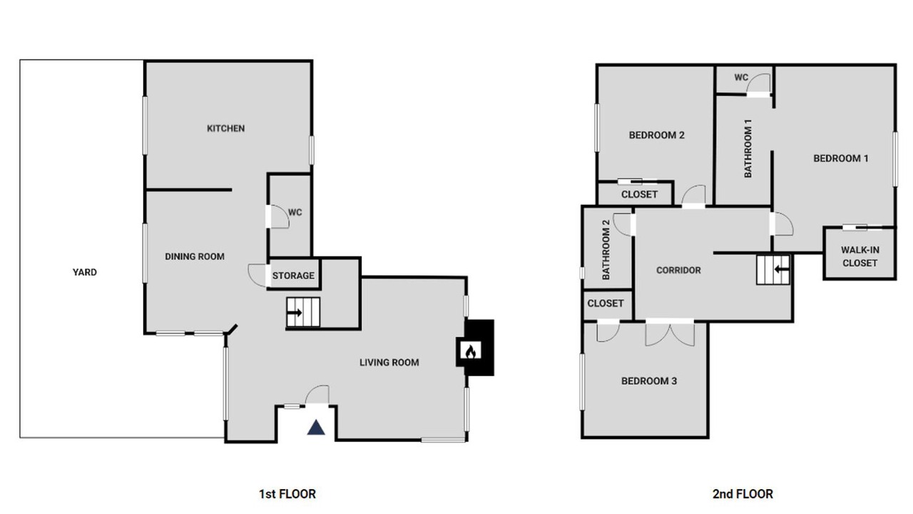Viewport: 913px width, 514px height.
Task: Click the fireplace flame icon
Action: [x=470, y=351]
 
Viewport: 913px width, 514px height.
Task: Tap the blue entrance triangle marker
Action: [x=316, y=428]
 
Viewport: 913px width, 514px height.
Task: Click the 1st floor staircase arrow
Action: [x=295, y=313]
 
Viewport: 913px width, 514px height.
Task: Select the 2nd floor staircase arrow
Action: [x=782, y=269]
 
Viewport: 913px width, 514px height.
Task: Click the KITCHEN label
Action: [x=226, y=128]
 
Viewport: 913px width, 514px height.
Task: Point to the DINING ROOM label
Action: [x=195, y=256]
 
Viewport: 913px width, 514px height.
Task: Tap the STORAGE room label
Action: [x=293, y=276]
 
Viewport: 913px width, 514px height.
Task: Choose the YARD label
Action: [x=85, y=272]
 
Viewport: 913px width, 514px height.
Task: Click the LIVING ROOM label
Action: [x=389, y=362]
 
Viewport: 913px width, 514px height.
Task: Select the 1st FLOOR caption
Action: [x=287, y=494]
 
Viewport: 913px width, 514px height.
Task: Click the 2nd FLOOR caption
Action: [x=743, y=494]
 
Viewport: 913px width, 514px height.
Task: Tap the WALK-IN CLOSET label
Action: [x=860, y=256]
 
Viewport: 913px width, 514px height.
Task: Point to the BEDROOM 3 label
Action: [x=649, y=381]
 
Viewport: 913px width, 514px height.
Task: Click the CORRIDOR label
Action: [x=678, y=270]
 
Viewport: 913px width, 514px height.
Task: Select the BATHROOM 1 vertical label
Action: [x=748, y=148]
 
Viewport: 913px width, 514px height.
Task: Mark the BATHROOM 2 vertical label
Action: [x=606, y=250]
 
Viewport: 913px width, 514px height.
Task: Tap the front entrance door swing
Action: [x=317, y=395]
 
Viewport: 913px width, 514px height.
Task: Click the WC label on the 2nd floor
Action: [x=741, y=77]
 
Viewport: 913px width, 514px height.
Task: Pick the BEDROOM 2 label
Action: [x=657, y=135]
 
